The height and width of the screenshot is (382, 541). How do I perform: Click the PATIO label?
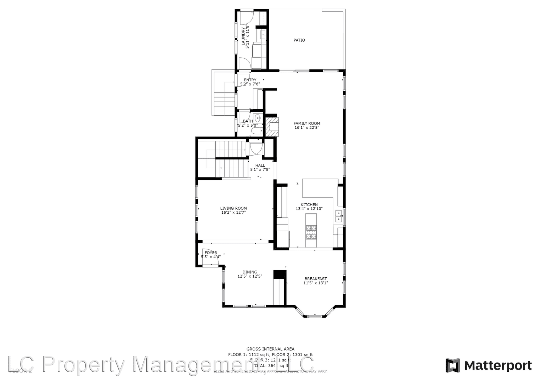[299, 40]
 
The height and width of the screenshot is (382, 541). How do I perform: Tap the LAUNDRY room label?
[243, 36]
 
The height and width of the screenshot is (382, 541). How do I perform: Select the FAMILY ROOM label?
[306, 123]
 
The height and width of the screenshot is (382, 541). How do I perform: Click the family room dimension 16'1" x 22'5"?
[306, 128]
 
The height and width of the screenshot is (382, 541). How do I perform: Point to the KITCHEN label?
[309, 205]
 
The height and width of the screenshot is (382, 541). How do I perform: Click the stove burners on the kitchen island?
[311, 232]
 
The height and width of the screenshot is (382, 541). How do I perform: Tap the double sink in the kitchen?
[339, 216]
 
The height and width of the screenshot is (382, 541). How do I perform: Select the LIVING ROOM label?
[233, 208]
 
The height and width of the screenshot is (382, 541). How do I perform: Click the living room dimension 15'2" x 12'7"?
[233, 213]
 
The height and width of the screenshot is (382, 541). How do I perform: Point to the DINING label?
[249, 272]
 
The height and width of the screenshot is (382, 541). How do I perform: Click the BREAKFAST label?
[315, 279]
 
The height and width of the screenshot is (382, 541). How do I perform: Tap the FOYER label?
[211, 253]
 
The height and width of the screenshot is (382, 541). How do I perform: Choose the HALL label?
[260, 165]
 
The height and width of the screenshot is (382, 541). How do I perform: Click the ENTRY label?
[250, 80]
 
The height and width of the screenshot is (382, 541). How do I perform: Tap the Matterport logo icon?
[452, 365]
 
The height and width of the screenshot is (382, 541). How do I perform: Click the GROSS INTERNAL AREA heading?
[270, 349]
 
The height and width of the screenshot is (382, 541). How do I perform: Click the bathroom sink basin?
[258, 118]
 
